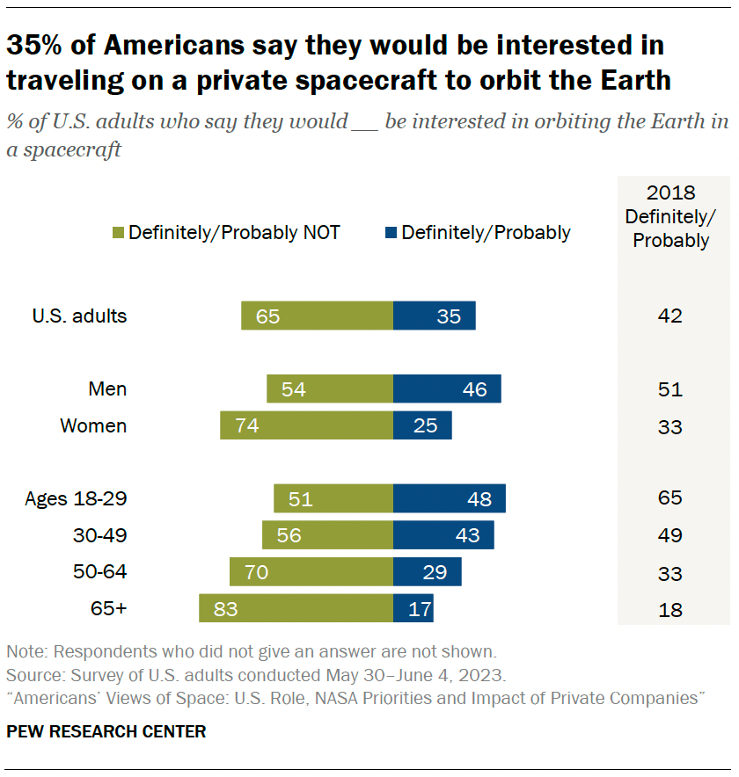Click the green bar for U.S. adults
point(317,316)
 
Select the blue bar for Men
point(447,389)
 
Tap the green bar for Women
point(306,425)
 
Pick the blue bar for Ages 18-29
point(449,498)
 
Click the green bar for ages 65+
point(296,607)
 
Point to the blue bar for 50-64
point(427,571)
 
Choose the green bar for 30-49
point(327,534)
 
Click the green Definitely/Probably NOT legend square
point(118,233)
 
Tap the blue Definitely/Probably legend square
point(389,233)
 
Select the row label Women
point(93,426)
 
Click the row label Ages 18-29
point(76,498)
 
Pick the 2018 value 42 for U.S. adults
point(670,316)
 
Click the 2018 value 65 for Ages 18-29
point(670,498)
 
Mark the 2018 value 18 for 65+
point(670,609)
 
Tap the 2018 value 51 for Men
point(670,390)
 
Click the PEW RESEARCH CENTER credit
point(106,731)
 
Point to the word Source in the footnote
point(32,676)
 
